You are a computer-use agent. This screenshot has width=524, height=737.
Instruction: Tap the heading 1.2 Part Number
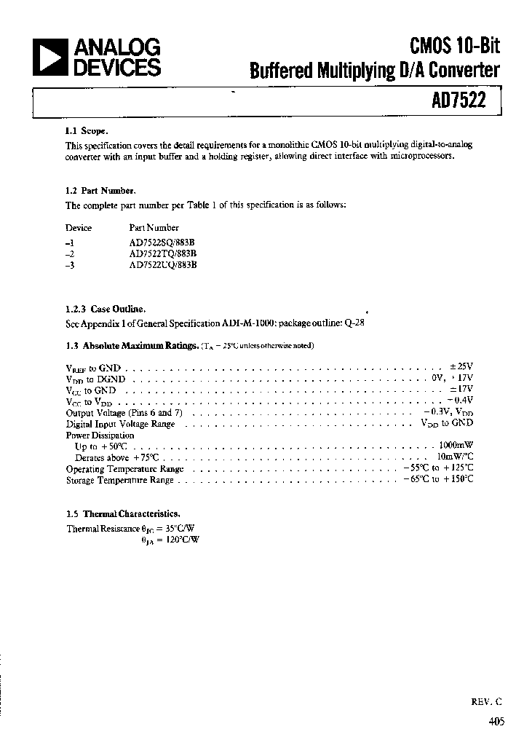point(100,191)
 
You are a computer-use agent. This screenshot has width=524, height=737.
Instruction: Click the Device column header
point(79,228)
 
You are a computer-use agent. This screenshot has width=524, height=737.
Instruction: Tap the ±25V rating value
point(461,366)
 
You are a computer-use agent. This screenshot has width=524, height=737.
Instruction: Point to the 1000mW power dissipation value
point(456,446)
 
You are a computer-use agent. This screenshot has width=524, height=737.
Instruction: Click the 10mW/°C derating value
point(455,457)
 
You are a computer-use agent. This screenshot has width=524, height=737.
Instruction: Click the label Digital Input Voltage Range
point(120,423)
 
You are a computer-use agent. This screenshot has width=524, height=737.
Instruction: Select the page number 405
point(496,722)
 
